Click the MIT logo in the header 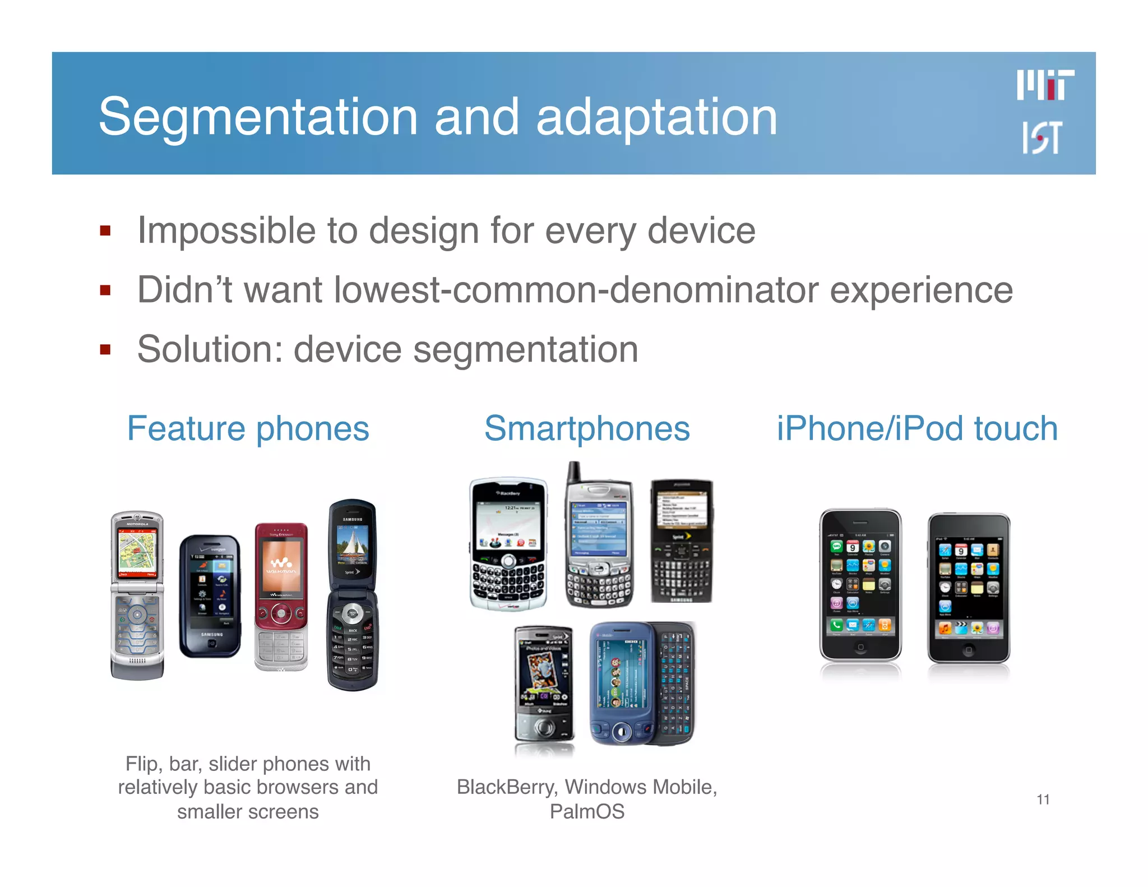(1045, 85)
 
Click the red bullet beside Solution (105, 350)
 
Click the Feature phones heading (248, 428)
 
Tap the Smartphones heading (587, 428)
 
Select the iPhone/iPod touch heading (917, 428)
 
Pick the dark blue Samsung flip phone (352, 594)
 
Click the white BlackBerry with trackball (508, 544)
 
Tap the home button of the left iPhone (860, 647)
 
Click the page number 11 (1043, 799)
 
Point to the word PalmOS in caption (587, 811)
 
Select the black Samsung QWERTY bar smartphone (681, 541)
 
